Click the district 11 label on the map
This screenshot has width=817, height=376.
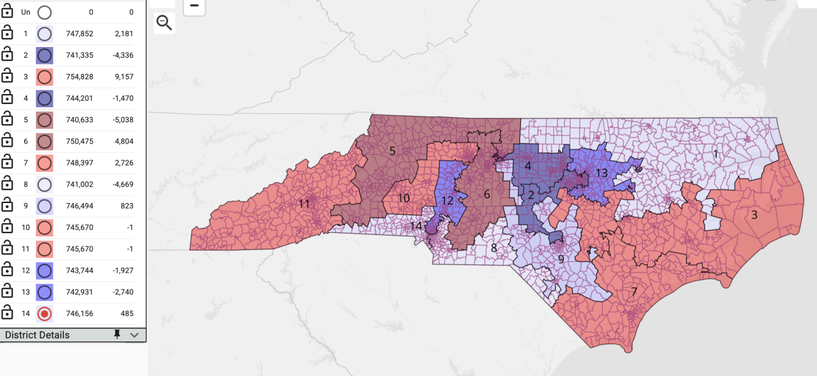304,204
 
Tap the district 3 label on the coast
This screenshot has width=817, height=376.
754,214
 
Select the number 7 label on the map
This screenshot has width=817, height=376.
634,291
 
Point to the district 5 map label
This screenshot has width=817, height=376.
392,150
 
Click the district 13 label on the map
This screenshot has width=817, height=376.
601,173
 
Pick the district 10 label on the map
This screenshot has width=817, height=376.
403,198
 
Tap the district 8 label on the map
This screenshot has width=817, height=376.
494,248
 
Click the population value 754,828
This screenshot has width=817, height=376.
80,77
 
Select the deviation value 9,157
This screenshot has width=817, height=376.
123,77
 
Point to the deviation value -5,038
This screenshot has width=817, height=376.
121,120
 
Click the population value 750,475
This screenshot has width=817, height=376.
80,142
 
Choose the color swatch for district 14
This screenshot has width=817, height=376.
45,313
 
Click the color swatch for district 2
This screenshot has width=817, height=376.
45,56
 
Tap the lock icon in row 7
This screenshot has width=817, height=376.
7,163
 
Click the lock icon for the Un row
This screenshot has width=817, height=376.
7,12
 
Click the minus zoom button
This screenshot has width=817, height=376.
194,6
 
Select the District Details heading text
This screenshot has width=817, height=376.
37,335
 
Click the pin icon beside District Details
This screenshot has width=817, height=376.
117,335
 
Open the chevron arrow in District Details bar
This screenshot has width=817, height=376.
134,335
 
